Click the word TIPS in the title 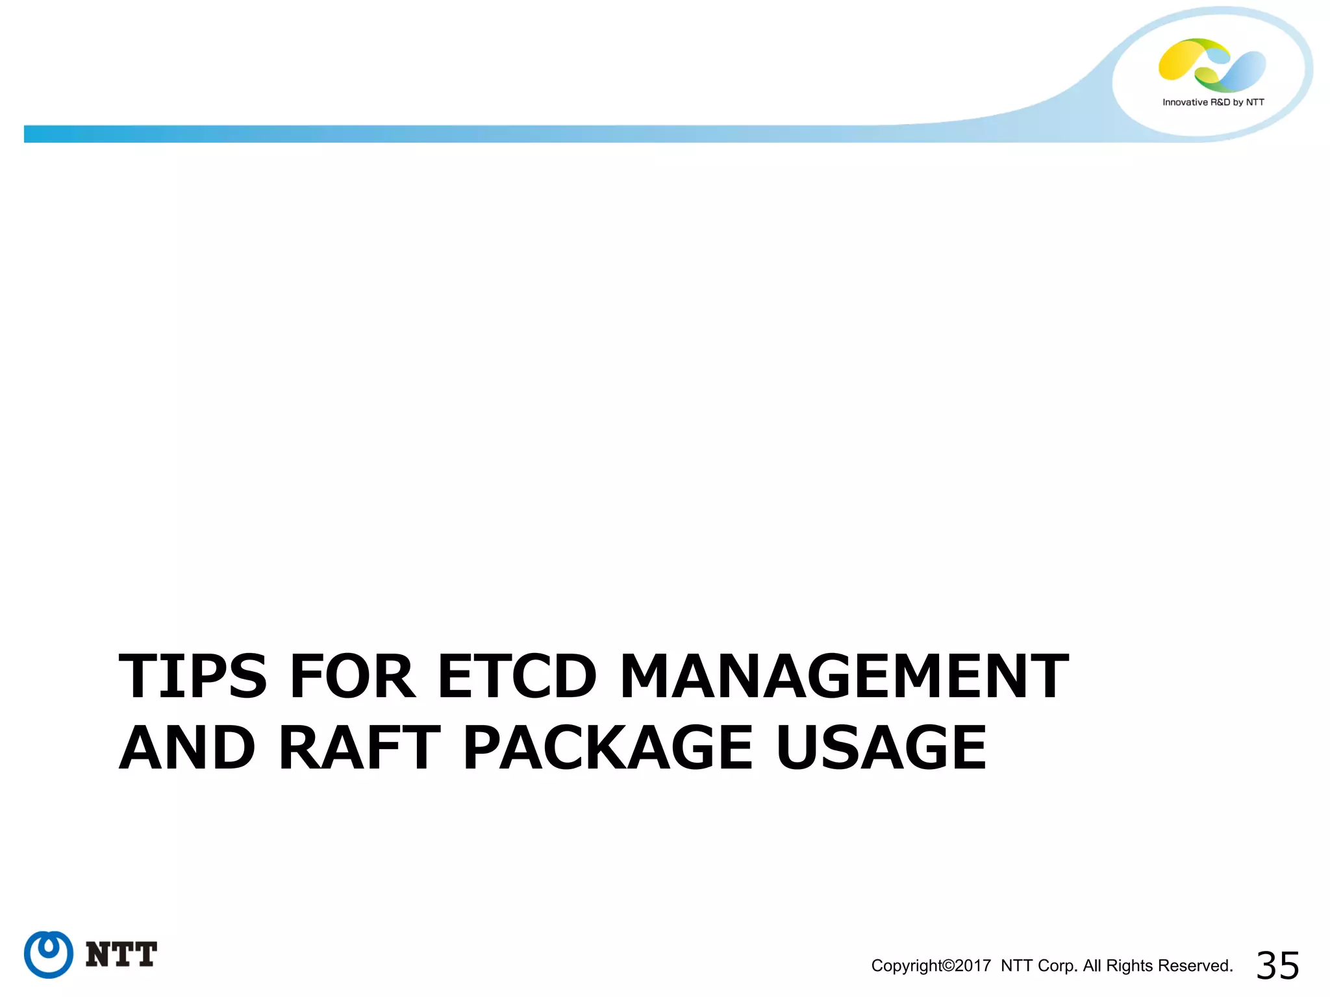tap(193, 676)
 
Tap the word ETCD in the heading tap(517, 676)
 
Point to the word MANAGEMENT tap(844, 676)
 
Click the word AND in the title tap(187, 748)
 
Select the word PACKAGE tap(608, 748)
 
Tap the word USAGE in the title tap(881, 748)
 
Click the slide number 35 tap(1277, 966)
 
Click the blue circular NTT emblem tap(49, 954)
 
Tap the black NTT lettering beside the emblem tap(121, 954)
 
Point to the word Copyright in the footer tap(906, 966)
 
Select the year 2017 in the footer tap(973, 966)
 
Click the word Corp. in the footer tap(1058, 966)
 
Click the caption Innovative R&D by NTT tap(1213, 102)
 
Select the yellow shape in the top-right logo tap(1181, 60)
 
